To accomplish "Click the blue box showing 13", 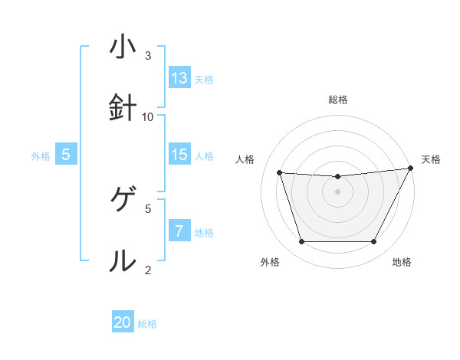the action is tap(179, 78).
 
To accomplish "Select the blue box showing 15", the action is tap(179, 155).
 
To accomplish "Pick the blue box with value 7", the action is tap(179, 231).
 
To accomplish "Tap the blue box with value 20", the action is tap(123, 322).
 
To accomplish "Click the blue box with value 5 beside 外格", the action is tap(66, 155).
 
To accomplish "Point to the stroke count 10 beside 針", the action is tap(148, 116).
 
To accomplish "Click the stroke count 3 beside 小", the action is tap(148, 55).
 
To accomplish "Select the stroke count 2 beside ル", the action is tap(148, 270).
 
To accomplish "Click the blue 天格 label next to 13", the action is tap(204, 79).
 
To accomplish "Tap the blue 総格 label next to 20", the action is tap(147, 324).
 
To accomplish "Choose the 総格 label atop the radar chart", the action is tap(337, 100).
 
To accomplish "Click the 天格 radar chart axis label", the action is tap(432, 159).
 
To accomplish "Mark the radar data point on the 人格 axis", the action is tap(280, 173).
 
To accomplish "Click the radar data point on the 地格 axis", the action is tap(373, 242).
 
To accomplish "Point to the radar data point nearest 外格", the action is tap(301, 242).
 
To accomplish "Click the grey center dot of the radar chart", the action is tap(337, 191).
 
